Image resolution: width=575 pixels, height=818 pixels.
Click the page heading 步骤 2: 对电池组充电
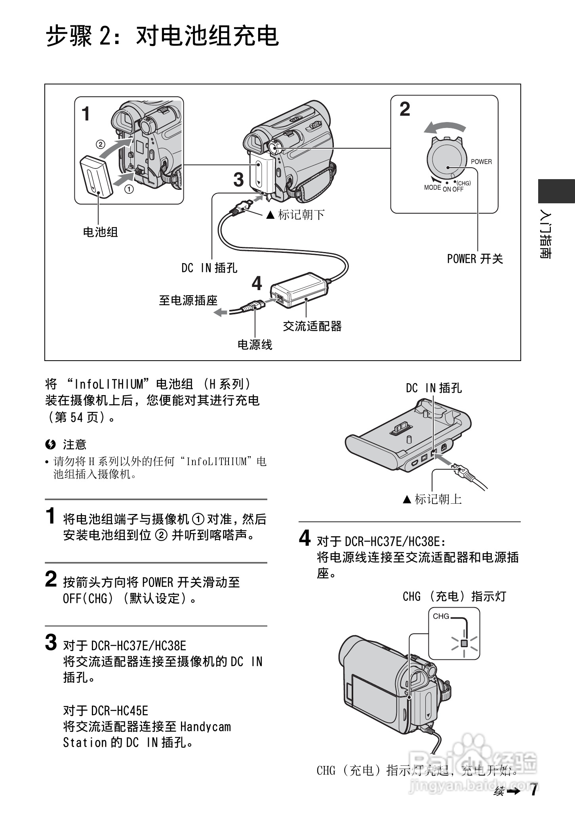[x=162, y=36]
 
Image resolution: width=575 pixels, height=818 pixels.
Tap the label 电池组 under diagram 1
[x=100, y=232]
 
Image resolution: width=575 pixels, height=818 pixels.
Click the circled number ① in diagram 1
[x=129, y=189]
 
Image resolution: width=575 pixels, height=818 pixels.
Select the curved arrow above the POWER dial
[x=444, y=128]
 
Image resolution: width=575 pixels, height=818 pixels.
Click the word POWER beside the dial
[x=481, y=162]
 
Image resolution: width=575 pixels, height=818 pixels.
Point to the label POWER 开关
[x=474, y=259]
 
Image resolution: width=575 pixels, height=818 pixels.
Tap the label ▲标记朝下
[x=295, y=215]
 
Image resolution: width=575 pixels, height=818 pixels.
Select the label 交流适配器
[x=312, y=326]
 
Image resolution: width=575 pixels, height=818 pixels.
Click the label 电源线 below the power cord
[x=255, y=344]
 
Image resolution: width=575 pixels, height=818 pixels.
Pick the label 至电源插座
[x=188, y=300]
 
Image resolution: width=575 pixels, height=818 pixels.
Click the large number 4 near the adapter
[x=257, y=284]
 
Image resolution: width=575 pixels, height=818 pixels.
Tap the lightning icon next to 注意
[x=50, y=445]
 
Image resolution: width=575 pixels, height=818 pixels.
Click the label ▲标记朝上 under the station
[x=432, y=499]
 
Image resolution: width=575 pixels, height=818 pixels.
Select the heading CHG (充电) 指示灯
[x=454, y=596]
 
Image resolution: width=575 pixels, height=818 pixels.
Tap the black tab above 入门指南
[x=556, y=191]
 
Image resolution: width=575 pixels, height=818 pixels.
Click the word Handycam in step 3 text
[x=205, y=727]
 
